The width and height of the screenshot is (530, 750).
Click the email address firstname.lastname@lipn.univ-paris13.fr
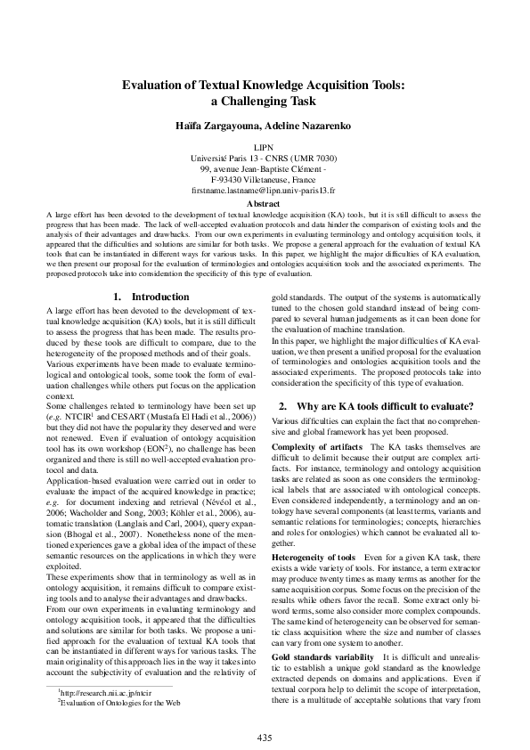click(x=264, y=190)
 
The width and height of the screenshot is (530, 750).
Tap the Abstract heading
click(x=264, y=203)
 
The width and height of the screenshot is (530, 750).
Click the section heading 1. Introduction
click(x=147, y=296)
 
